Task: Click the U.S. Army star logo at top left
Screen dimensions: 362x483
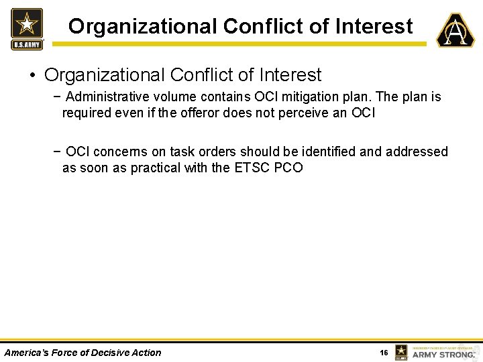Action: (27, 29)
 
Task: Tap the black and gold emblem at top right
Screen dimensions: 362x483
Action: (455, 30)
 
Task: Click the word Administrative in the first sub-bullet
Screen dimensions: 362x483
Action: (105, 97)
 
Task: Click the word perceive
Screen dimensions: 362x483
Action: (306, 113)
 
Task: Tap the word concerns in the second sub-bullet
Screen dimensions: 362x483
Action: (119, 152)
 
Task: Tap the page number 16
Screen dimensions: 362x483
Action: (384, 353)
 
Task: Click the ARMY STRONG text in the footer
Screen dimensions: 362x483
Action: (443, 354)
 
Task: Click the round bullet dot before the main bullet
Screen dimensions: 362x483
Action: (33, 75)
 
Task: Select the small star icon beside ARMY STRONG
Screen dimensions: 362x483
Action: (401, 352)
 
